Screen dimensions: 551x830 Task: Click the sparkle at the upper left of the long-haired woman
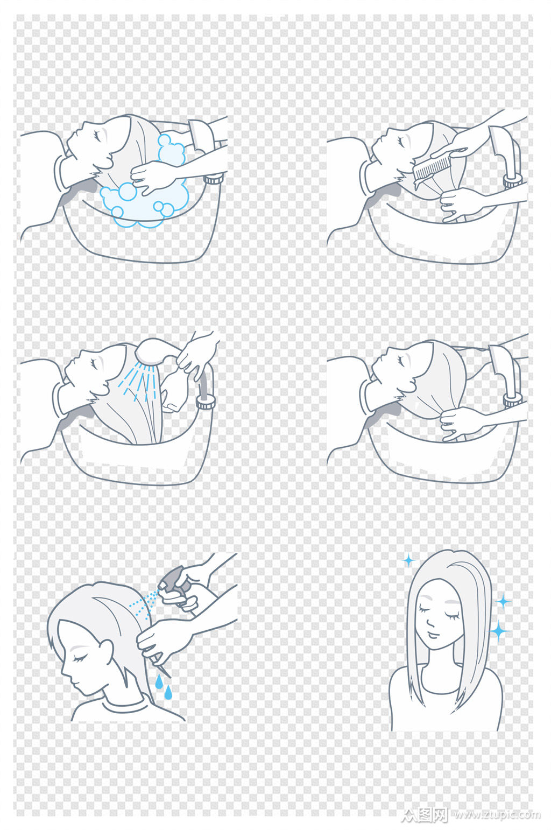click(x=408, y=560)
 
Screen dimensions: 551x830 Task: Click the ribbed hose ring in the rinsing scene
click(x=206, y=403)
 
